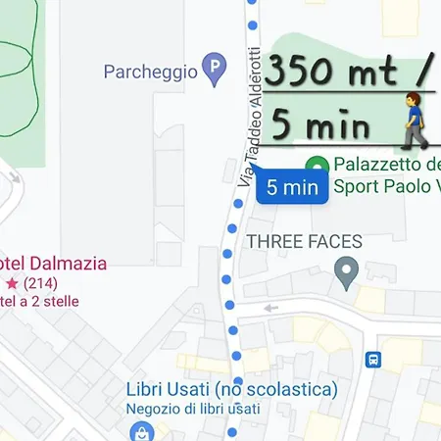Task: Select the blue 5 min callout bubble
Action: (x=292, y=187)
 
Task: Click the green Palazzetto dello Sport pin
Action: (x=317, y=167)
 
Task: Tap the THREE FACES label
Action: (x=305, y=241)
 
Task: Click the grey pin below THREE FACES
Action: (x=345, y=271)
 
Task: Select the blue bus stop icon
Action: (x=374, y=359)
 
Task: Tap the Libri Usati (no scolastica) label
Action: (x=231, y=389)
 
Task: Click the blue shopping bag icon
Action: (x=142, y=431)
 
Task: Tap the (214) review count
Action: (x=39, y=282)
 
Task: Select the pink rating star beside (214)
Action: (x=11, y=282)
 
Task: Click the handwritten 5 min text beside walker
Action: (x=321, y=125)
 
